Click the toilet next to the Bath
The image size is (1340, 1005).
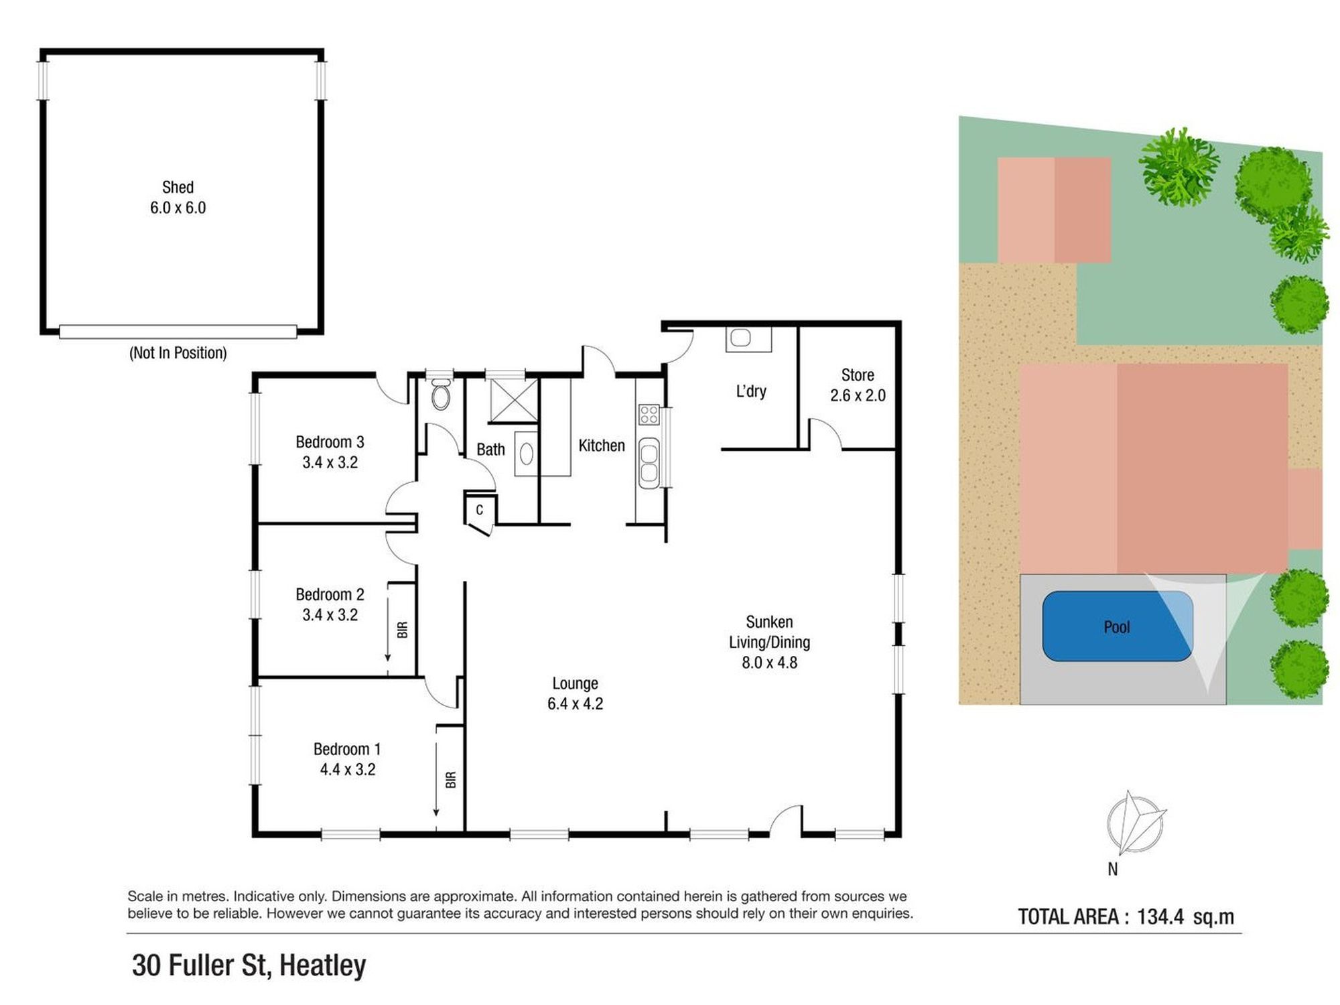click(x=440, y=395)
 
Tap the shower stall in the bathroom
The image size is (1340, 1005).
click(x=514, y=401)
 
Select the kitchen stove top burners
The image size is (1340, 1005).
click(x=649, y=415)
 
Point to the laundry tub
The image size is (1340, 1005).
click(x=748, y=338)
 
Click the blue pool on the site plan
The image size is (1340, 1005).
click(x=1118, y=626)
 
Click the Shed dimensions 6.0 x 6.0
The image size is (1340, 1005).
click(x=178, y=208)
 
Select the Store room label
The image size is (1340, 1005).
click(x=858, y=375)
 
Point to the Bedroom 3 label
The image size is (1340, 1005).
click(x=330, y=442)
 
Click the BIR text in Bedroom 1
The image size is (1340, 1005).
click(x=450, y=779)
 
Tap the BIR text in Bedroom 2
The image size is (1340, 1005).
click(x=402, y=630)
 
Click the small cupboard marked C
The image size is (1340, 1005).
click(x=480, y=511)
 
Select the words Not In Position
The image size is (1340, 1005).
click(x=178, y=353)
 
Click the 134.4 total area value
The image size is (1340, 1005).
click(x=1160, y=917)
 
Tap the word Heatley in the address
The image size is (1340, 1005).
click(x=322, y=965)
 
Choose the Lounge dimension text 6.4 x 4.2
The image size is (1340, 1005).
click(x=575, y=703)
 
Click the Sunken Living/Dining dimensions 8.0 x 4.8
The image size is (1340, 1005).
click(x=769, y=663)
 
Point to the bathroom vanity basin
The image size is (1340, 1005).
click(x=527, y=454)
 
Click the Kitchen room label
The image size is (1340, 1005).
click(x=602, y=446)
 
